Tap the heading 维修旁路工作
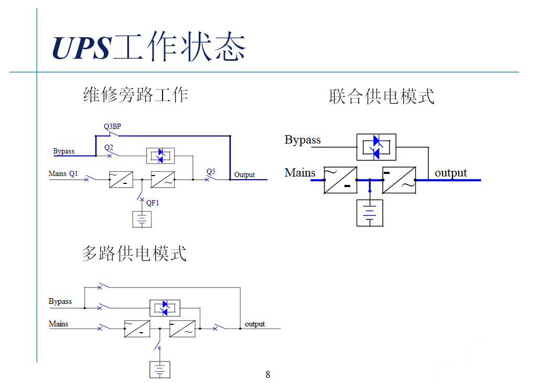136,95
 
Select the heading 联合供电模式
382,96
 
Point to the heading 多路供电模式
134,254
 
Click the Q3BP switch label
112,126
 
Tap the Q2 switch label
109,148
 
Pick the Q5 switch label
211,171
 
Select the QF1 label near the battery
153,203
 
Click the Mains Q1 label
63,173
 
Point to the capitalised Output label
244,174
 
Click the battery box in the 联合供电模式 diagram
370,213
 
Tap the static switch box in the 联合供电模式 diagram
376,147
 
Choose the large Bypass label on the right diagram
303,140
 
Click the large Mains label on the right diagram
300,172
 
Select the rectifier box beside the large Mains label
340,180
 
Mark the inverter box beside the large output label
399,180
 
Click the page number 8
268,374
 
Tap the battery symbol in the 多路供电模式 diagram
160,369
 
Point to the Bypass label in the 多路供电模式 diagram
60,301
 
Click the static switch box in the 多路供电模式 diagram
165,308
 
